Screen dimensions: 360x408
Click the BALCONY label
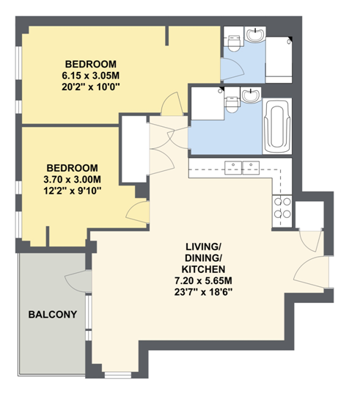(x=53, y=314)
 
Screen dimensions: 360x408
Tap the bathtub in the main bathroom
(x=277, y=126)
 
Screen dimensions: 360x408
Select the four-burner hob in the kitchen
(x=282, y=208)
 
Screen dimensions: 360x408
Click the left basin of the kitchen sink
(x=233, y=168)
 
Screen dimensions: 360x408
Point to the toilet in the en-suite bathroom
(x=234, y=43)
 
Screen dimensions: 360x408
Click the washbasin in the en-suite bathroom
(x=255, y=34)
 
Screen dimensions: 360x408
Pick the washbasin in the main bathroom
(x=251, y=95)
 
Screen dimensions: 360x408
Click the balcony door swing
(x=78, y=281)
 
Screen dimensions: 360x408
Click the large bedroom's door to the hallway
(x=172, y=104)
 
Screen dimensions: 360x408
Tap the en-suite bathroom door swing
(x=232, y=69)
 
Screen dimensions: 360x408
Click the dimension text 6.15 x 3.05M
(x=90, y=76)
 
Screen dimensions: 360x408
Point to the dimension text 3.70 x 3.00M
(x=73, y=180)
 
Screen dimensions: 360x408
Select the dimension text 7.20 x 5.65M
(x=203, y=281)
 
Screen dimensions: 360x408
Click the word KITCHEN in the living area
(x=203, y=269)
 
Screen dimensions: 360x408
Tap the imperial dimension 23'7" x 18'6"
(x=203, y=292)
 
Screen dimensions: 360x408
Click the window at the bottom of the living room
(x=118, y=375)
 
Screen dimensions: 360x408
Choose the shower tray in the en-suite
(x=279, y=60)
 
